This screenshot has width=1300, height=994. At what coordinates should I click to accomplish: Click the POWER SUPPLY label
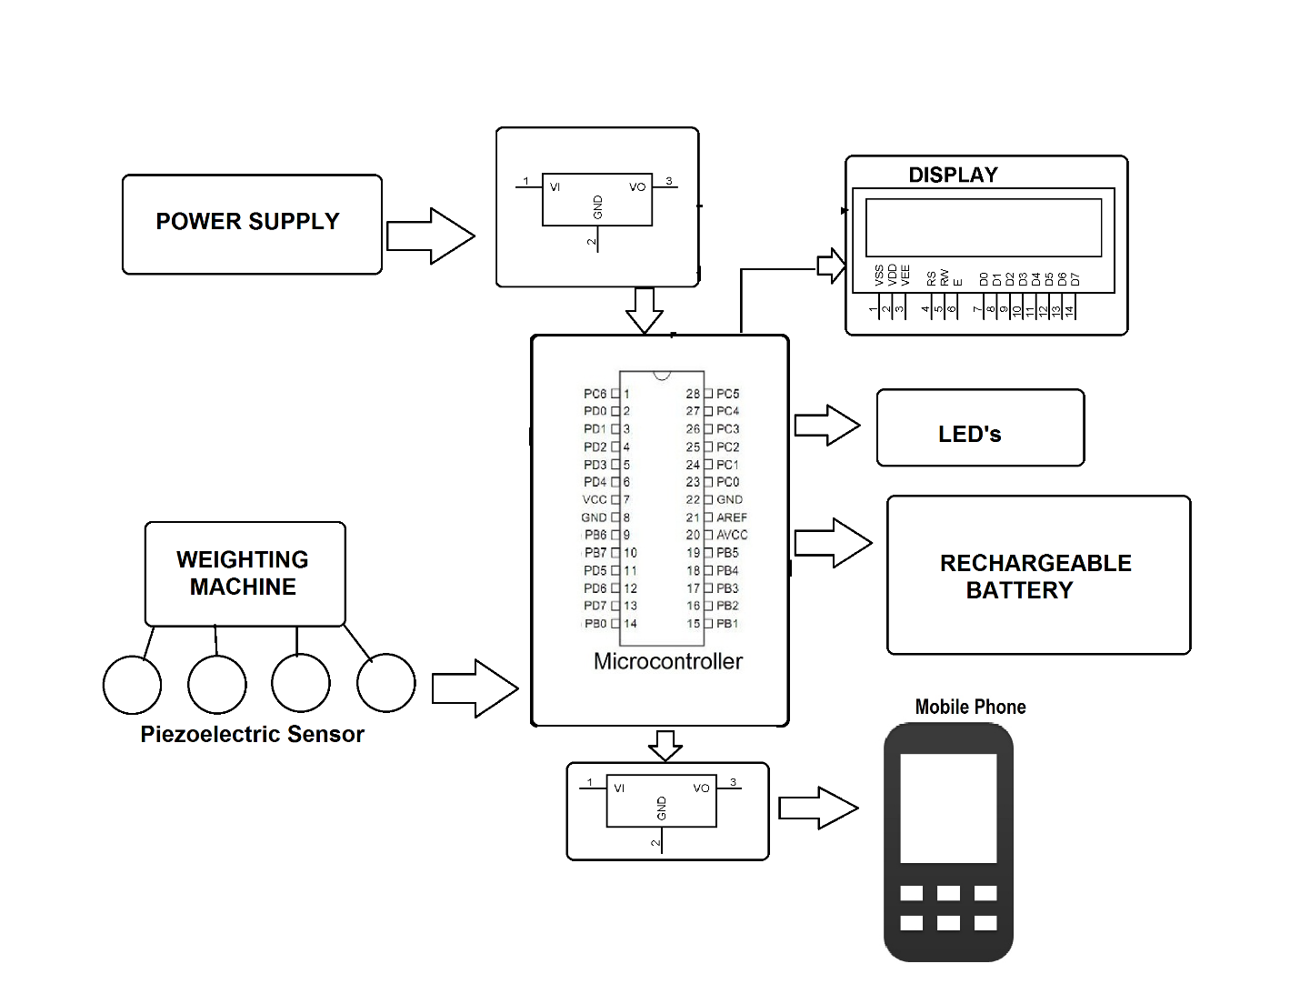[247, 221]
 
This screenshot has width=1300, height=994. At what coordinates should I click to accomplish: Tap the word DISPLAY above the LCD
[953, 175]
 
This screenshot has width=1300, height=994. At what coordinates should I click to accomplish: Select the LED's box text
[969, 434]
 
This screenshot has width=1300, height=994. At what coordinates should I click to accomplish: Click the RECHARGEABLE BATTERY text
[1035, 576]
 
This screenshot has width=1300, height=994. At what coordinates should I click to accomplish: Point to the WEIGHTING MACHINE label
[243, 573]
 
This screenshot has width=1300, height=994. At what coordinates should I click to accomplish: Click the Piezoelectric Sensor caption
[252, 734]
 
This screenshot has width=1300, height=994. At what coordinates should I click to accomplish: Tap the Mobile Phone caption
[970, 707]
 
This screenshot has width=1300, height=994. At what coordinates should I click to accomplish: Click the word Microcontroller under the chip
[667, 661]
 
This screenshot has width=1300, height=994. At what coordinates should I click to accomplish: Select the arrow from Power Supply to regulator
[430, 236]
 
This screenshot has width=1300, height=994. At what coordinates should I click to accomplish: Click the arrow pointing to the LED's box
[826, 425]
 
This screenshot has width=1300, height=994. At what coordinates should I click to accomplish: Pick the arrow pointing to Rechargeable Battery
[833, 543]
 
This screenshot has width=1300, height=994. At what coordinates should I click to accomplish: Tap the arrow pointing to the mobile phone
[818, 808]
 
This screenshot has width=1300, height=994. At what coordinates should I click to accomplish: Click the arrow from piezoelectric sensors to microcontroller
[474, 688]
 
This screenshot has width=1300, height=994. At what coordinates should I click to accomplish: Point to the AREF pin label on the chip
[731, 517]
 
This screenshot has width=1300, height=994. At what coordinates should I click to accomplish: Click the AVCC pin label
[732, 535]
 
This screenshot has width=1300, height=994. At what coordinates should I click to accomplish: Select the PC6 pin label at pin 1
[595, 394]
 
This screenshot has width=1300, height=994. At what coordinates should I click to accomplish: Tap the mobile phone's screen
[948, 808]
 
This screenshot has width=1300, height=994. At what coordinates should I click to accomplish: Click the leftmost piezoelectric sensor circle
[132, 684]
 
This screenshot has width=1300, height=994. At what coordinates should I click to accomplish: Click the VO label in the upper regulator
[637, 186]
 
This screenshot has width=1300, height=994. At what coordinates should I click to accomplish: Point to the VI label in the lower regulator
[619, 788]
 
